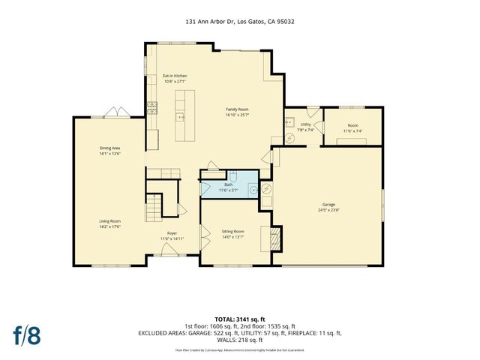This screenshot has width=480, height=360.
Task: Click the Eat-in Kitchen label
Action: (x=175, y=76)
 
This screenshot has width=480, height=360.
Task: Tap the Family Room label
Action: (x=237, y=109)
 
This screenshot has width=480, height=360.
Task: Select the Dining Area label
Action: (x=110, y=148)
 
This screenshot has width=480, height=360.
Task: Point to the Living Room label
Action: (x=110, y=221)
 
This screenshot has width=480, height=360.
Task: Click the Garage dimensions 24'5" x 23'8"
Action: (x=328, y=210)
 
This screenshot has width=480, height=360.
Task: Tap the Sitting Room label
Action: (x=233, y=231)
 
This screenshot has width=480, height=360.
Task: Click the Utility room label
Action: (x=306, y=124)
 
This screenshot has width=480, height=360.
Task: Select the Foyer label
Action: (x=172, y=233)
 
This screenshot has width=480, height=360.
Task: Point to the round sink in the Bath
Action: (x=254, y=190)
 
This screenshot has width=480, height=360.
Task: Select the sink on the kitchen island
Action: (x=180, y=117)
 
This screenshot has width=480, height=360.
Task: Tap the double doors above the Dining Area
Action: (x=114, y=115)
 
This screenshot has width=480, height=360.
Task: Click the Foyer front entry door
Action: (x=172, y=254)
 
